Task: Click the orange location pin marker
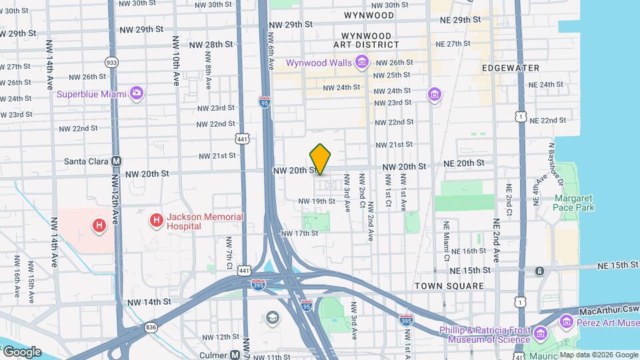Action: [x=320, y=159]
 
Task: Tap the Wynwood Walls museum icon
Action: [x=362, y=63]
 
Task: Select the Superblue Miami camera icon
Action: [x=137, y=93]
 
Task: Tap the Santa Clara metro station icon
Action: [x=117, y=161]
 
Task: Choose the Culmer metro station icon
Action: [x=235, y=355]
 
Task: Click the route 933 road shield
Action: [x=112, y=62]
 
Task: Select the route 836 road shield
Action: [x=151, y=327]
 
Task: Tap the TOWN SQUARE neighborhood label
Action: [x=449, y=286]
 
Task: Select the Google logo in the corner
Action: [x=21, y=351]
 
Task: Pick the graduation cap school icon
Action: [x=273, y=318]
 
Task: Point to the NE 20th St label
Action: [x=461, y=163]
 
